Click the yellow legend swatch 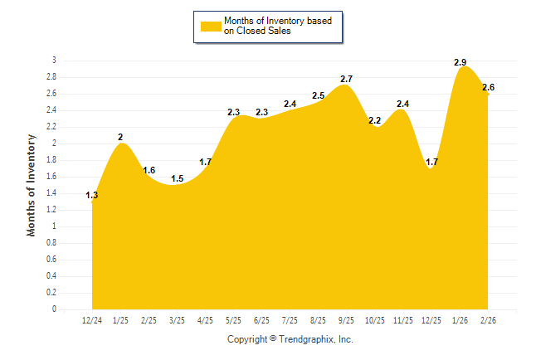[x=210, y=27]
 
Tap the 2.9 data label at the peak [x=460, y=62]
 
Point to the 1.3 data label [x=92, y=196]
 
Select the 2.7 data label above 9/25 [x=347, y=79]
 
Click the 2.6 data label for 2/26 [x=488, y=88]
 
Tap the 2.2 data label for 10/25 [x=374, y=121]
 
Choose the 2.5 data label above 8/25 [x=319, y=96]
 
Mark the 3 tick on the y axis [x=54, y=61]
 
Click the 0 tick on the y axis [x=54, y=309]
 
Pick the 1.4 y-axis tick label [x=51, y=193]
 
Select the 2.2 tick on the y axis [x=51, y=127]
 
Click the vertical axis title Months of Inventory [x=32, y=185]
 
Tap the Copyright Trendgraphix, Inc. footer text [x=290, y=339]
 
